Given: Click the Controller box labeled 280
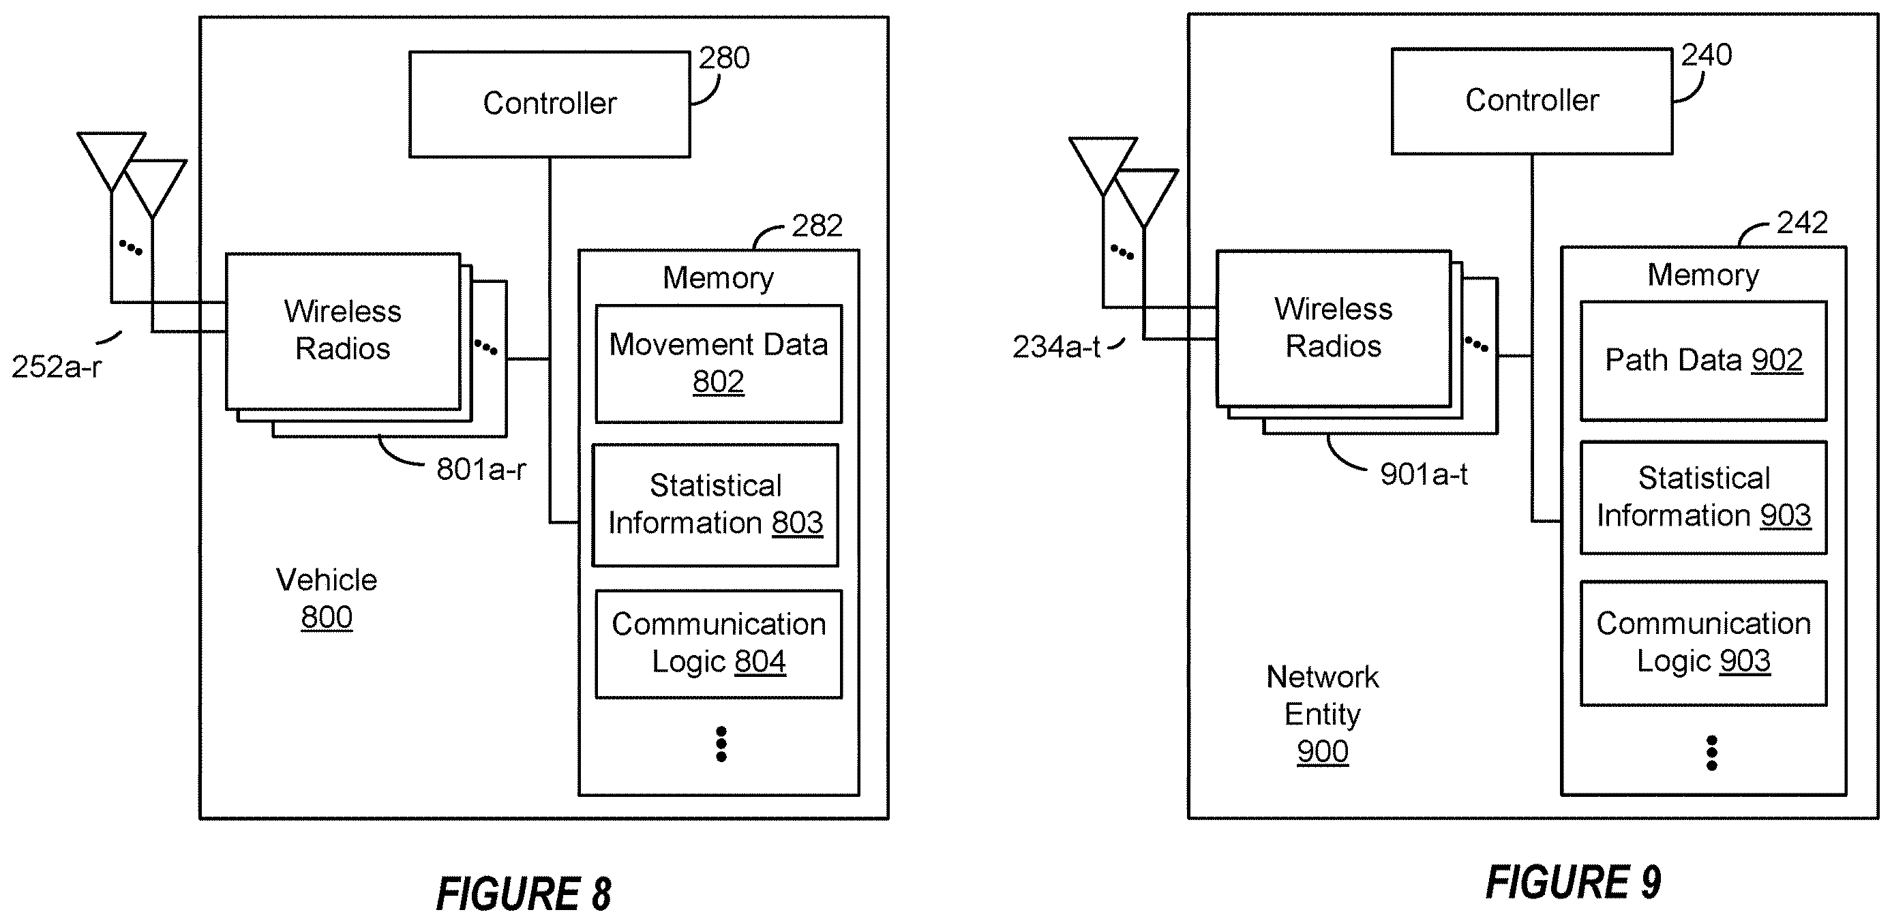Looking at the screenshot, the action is tap(550, 104).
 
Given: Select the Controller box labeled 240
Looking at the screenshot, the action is tap(1532, 102).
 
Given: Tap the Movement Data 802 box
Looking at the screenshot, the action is tap(719, 363).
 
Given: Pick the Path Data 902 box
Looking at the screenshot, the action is tap(1703, 361).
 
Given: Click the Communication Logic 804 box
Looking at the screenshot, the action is tap(719, 644).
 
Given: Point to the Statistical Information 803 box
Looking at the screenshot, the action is tap(715, 504).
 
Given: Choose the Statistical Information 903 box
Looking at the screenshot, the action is tap(1703, 497).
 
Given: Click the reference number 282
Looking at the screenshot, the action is tap(817, 226).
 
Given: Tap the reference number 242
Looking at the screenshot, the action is tap(1801, 222).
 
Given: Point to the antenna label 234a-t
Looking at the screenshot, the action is tap(1056, 346).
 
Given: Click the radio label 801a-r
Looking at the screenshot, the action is tap(481, 469).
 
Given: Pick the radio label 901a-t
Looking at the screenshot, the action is tap(1424, 474).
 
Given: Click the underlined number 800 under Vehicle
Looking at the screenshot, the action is tap(327, 618).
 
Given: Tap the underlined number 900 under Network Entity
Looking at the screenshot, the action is tap(1323, 752).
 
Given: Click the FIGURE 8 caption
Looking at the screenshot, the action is tap(524, 894).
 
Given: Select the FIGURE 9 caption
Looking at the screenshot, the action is tap(1573, 882).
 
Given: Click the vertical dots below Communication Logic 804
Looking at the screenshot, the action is tap(721, 744).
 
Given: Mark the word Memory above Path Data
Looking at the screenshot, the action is tap(1703, 275).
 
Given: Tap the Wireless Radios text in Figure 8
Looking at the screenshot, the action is tap(343, 330).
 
